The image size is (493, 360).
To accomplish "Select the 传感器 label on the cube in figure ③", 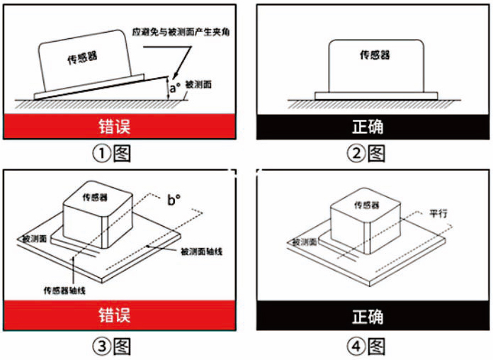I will click(x=95, y=198).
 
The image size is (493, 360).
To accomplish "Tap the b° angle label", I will click(x=174, y=198).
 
